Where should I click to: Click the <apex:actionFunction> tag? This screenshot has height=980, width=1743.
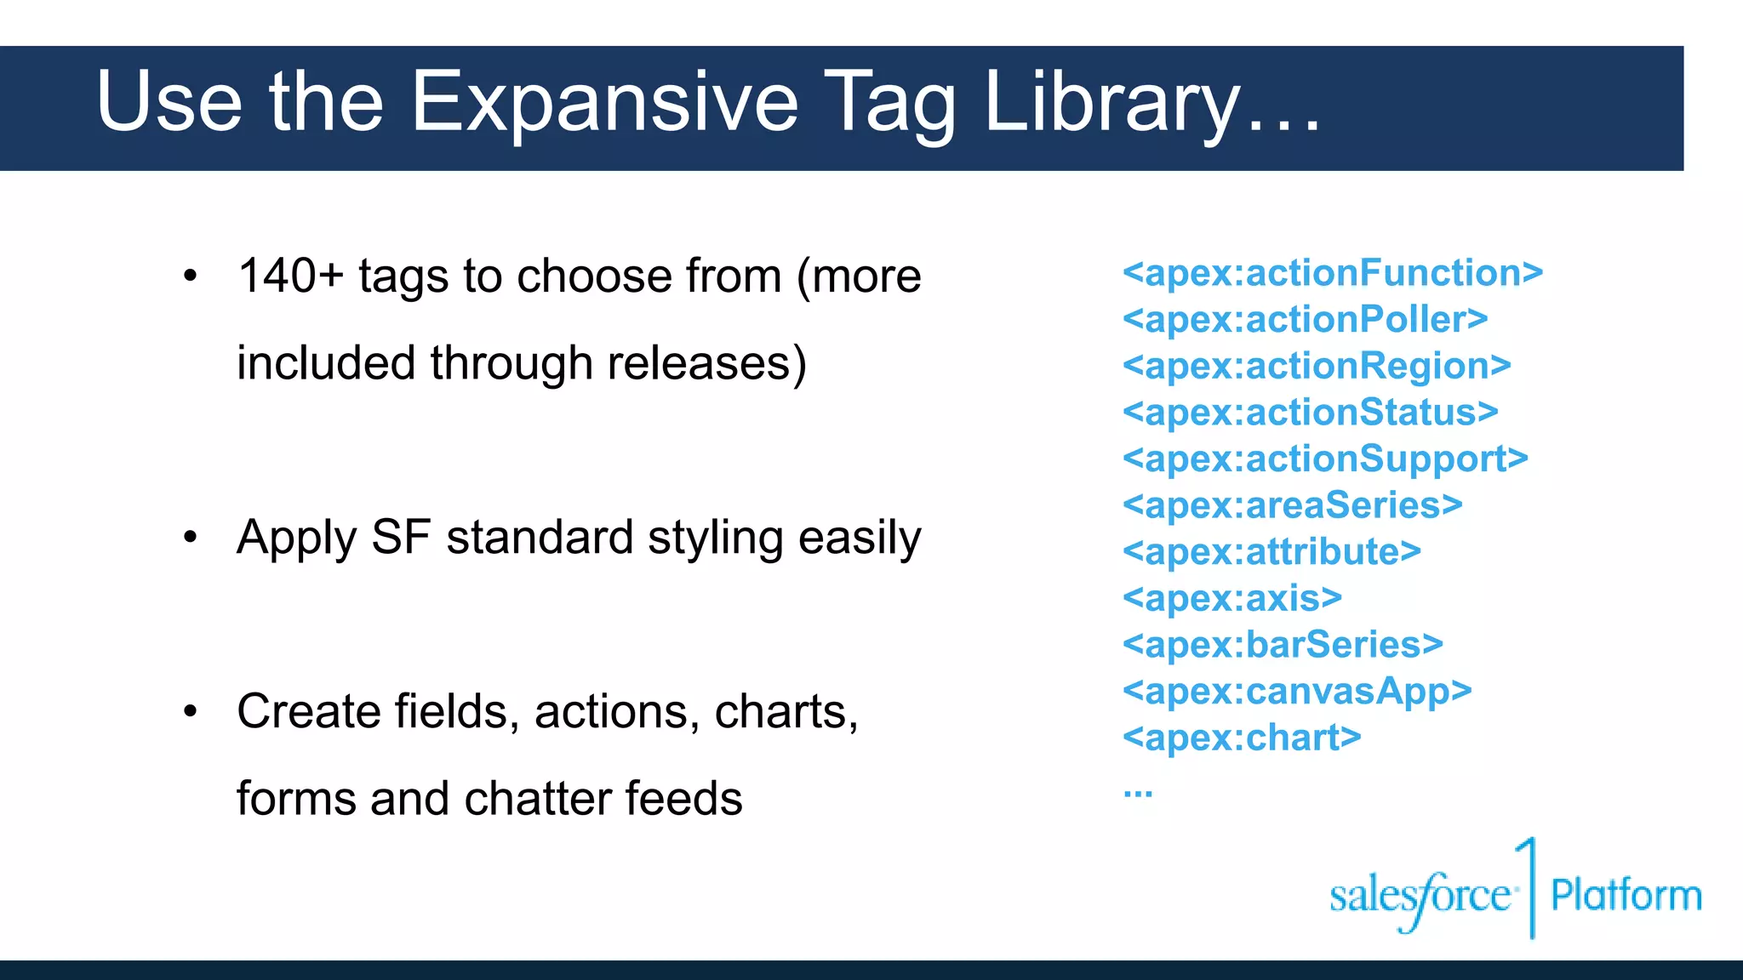pyautogui.click(x=1332, y=273)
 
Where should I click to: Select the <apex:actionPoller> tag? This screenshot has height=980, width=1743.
pyautogui.click(x=1305, y=320)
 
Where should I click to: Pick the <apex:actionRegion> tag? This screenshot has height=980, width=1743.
pyautogui.click(x=1317, y=366)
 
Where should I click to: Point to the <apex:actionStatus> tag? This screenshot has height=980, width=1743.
pyautogui.click(x=1310, y=413)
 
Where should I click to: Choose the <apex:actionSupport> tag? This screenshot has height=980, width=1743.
pyautogui.click(x=1325, y=459)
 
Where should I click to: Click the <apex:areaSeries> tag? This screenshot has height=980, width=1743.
pyautogui.click(x=1292, y=505)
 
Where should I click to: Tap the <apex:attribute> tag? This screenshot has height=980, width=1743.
pyautogui.click(x=1272, y=552)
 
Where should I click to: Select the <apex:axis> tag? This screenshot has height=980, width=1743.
pyautogui.click(x=1232, y=598)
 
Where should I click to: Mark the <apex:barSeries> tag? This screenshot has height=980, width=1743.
pyautogui.click(x=1283, y=645)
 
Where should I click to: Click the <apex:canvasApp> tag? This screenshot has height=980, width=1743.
pyautogui.click(x=1297, y=692)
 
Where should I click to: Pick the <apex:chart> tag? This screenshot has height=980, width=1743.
pyautogui.click(x=1242, y=738)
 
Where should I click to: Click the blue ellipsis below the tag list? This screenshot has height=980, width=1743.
pyautogui.click(x=1137, y=794)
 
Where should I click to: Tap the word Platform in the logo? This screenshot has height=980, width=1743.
pyautogui.click(x=1626, y=896)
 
